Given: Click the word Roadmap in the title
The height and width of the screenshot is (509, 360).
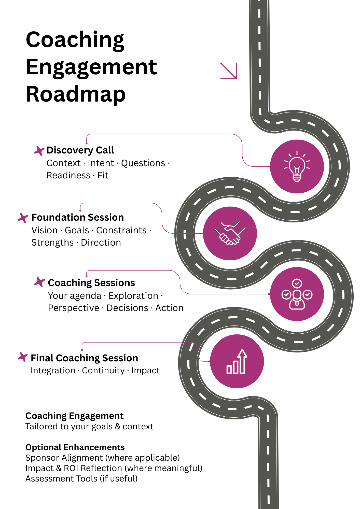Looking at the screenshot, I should [x=76, y=94].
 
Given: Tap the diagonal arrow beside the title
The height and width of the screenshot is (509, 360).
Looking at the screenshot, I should [x=229, y=71].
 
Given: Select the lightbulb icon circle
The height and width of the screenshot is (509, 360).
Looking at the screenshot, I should [x=297, y=166].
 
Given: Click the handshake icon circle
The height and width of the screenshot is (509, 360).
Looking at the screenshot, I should [x=230, y=233].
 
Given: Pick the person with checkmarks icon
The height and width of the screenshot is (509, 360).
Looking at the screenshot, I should [x=297, y=294].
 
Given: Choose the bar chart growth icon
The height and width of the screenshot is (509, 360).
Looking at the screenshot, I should [x=237, y=361].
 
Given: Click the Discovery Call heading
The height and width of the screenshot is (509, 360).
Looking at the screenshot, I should [x=80, y=150].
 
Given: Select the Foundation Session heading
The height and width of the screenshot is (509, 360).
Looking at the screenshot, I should [x=77, y=217].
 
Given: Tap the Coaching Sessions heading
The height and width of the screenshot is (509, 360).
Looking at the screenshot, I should [x=91, y=283].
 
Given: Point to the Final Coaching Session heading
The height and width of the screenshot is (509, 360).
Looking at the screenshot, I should [x=84, y=358].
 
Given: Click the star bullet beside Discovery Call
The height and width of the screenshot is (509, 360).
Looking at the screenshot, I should [x=39, y=150].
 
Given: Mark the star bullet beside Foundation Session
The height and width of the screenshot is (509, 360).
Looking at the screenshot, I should [x=23, y=218].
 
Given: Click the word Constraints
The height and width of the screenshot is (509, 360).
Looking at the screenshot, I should [x=121, y=230].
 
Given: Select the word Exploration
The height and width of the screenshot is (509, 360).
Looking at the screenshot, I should [x=133, y=296].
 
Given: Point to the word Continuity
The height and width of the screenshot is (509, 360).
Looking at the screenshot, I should [x=103, y=371].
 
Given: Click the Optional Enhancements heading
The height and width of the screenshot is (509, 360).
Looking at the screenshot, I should [x=75, y=447].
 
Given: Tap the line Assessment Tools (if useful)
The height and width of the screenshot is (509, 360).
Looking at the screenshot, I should [x=81, y=478].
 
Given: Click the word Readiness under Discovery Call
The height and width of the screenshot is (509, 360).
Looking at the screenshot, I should [x=68, y=175].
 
